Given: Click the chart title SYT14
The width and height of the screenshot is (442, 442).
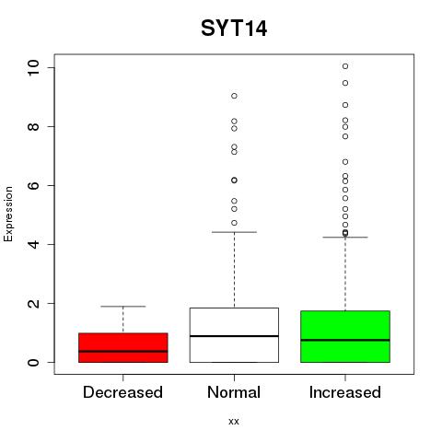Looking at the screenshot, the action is (x=234, y=29).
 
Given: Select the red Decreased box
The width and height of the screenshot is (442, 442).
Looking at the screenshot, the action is (x=123, y=347).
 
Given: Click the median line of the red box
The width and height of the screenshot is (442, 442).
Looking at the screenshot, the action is (x=123, y=351).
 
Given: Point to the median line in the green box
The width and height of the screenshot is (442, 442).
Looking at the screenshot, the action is (x=345, y=340).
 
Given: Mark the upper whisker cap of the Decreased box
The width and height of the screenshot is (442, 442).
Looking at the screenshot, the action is (x=123, y=307).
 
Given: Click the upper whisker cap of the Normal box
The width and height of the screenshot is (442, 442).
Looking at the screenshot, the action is (x=234, y=232).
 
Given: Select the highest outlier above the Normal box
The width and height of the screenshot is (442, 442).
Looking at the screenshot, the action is (x=234, y=96).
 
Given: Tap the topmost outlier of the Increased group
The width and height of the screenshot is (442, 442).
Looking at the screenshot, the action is (x=345, y=66).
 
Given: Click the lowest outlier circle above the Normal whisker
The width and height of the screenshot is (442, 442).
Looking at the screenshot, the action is (x=234, y=223).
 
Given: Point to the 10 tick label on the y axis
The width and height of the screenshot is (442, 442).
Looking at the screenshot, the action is (x=33, y=67).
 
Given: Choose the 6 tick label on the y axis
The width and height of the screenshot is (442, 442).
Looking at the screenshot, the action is (x=33, y=185).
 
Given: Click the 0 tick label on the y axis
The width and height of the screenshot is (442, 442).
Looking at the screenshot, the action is (x=33, y=362).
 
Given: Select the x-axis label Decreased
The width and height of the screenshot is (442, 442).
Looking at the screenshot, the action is (x=122, y=392).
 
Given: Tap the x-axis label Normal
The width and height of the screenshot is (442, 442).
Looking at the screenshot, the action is (x=234, y=392).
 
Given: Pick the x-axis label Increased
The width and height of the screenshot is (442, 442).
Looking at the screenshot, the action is (x=345, y=392).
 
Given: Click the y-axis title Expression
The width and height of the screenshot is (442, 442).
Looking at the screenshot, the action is (x=8, y=214).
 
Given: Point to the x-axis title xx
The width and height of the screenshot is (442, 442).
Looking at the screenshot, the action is (x=234, y=422).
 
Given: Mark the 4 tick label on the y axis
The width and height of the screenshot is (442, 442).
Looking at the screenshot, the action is (x=33, y=244).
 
